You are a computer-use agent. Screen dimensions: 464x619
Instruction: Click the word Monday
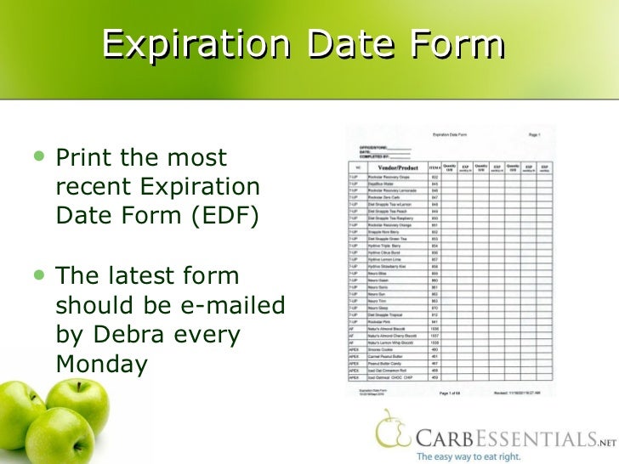tap(102, 364)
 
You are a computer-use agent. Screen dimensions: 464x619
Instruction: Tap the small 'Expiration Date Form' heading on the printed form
tap(452, 134)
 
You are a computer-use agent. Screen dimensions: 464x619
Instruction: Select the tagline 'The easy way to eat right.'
tap(470, 456)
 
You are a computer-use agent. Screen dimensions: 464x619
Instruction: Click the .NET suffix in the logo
tap(605, 440)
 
